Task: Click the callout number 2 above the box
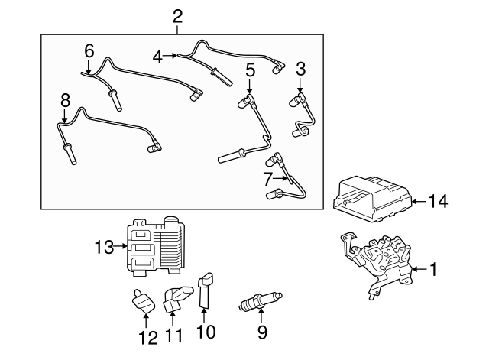coord(177,14)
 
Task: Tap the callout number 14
coord(438,202)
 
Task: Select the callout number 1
coord(432,269)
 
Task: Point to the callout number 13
coord(103,247)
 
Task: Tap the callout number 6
coord(89,51)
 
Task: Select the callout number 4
coord(158,55)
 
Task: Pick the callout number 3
coord(300,69)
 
